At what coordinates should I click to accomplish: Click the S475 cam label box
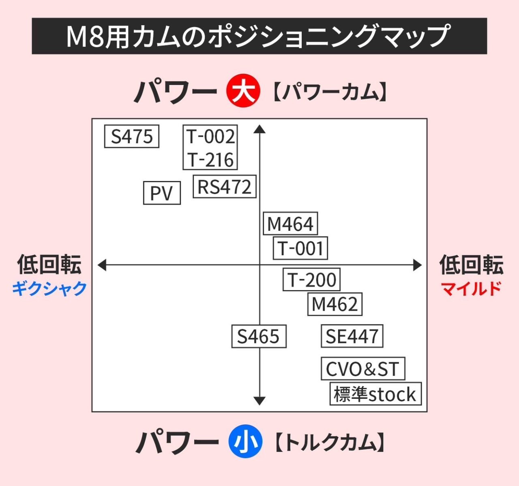[132, 137]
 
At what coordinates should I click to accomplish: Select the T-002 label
[210, 136]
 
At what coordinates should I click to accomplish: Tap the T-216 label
[210, 160]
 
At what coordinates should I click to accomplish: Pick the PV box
[162, 193]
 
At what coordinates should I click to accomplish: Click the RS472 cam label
[224, 187]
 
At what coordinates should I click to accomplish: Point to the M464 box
[290, 224]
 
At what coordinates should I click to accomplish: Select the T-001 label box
[300, 248]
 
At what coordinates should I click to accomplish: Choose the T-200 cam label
[311, 280]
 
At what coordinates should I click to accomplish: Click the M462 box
[335, 304]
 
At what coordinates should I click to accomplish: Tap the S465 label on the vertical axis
[259, 336]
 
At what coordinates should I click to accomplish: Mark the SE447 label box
[352, 336]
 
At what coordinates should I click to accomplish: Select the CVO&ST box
[363, 369]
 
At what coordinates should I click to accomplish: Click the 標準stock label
[375, 394]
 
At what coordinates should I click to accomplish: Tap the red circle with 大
[243, 91]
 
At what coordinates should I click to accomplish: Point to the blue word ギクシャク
[49, 288]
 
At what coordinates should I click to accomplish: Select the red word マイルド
[471, 288]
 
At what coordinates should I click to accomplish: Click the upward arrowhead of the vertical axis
[259, 129]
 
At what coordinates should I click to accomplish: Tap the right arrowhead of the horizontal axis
[418, 265]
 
